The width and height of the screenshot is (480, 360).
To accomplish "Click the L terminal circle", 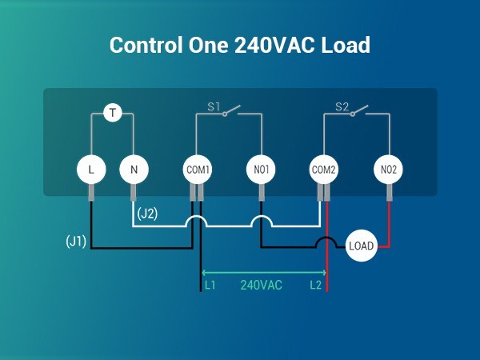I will click(x=91, y=169).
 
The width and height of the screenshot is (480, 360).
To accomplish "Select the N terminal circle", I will click(x=134, y=169).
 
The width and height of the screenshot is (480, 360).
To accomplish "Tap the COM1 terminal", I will click(x=198, y=169).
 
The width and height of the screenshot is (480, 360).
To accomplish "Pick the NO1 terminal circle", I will click(x=261, y=169).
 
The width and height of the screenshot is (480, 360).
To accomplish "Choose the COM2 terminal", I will click(x=324, y=169).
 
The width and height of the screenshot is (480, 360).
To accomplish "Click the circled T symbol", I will click(x=113, y=113).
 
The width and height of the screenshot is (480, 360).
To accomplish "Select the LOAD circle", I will click(x=362, y=246).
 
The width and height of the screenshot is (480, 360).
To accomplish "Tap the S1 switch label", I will click(x=214, y=106).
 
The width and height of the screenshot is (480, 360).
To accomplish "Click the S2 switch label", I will click(x=342, y=106).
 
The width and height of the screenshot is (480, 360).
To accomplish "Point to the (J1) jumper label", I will click(x=76, y=240).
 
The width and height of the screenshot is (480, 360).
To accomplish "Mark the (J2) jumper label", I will click(x=147, y=214).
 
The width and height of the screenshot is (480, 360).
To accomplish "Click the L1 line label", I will click(x=210, y=285).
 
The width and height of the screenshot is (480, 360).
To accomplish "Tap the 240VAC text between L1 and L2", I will click(x=262, y=285).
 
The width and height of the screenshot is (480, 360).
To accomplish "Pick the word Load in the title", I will click(x=346, y=46).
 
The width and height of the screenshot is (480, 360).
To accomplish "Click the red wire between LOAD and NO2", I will click(x=388, y=232).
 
